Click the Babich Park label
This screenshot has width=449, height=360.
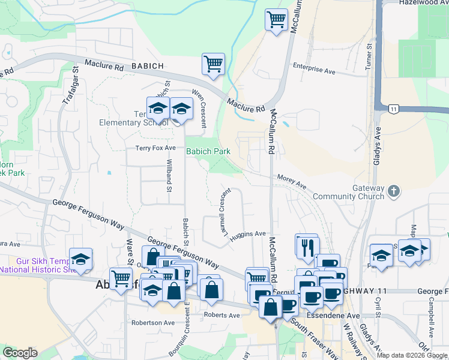pos(208,151)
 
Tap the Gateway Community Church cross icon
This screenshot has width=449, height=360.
pos(393,191)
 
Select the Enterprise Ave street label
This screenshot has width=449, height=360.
pos(313,70)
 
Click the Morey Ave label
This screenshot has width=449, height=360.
pos(292,179)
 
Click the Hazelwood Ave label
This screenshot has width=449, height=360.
pos(423,3)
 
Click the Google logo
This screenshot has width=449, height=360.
pos(20,353)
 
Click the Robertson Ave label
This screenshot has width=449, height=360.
pos(153,322)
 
